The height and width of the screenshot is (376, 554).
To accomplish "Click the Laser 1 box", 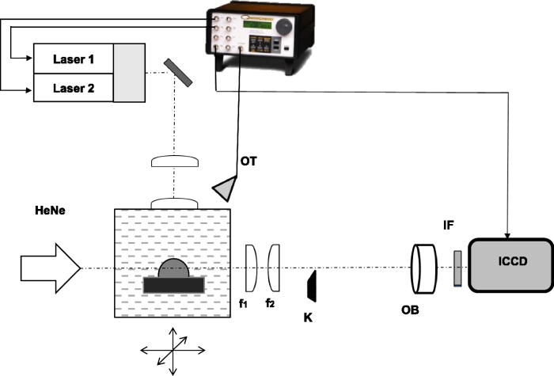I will (73, 58).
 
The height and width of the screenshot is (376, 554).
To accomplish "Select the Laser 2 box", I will (73, 87).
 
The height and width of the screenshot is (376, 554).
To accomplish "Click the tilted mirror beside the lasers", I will (178, 72).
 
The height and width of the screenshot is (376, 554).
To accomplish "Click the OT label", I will (249, 164).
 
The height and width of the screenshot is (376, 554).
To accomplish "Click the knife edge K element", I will (312, 286).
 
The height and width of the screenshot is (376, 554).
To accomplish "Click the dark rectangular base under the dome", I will (174, 283).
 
